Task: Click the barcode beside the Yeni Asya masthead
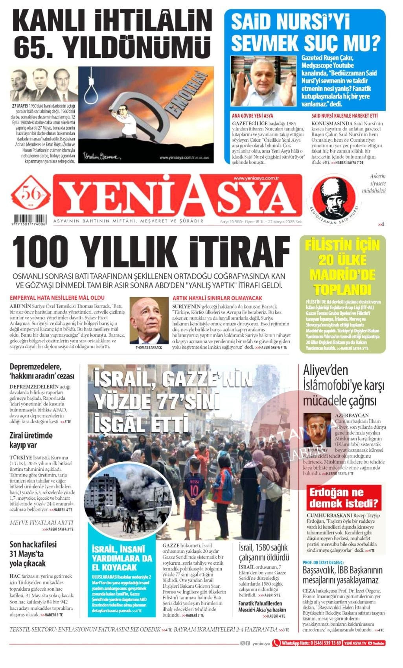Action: click(30, 219)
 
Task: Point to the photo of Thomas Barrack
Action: click(149, 321)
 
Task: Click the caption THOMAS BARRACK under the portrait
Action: click(149, 348)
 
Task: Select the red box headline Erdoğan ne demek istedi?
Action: click(344, 498)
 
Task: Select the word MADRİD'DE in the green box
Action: click(342, 275)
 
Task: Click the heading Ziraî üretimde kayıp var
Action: click(31, 440)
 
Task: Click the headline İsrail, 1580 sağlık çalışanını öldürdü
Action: click(264, 552)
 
